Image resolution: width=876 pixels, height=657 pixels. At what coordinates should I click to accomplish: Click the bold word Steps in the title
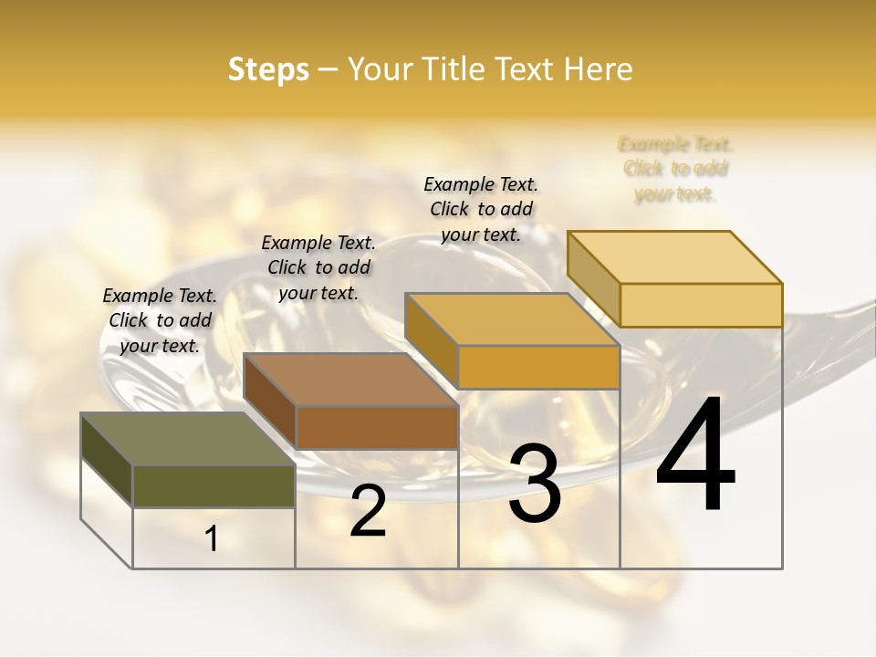coord(268,69)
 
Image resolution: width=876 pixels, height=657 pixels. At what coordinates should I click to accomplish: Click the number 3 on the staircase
coord(535,484)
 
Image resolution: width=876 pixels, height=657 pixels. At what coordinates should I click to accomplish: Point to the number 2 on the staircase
coord(368,512)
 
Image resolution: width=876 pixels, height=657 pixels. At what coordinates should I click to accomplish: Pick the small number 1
coord(212,539)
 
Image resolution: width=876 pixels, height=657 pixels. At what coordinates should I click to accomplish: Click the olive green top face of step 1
coord(188,439)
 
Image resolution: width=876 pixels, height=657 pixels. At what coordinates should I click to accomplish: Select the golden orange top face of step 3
coord(512,319)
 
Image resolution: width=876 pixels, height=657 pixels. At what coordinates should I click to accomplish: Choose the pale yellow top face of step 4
coord(674,256)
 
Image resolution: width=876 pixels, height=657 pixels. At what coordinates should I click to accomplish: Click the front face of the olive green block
coord(214,485)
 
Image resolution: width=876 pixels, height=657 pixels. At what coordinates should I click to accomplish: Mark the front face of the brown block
coord(377,427)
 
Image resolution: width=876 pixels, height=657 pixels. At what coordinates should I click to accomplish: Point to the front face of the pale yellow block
coord(701,305)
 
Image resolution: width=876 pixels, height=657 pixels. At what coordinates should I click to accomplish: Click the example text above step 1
coord(160,320)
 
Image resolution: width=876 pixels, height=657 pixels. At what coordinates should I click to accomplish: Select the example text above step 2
coord(318,267)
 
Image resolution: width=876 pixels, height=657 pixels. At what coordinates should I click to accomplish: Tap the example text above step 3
coord(481,209)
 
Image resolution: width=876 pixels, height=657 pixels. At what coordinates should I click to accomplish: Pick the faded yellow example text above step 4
coord(675,169)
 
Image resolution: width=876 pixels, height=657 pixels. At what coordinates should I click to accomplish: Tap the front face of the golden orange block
coord(538,367)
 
